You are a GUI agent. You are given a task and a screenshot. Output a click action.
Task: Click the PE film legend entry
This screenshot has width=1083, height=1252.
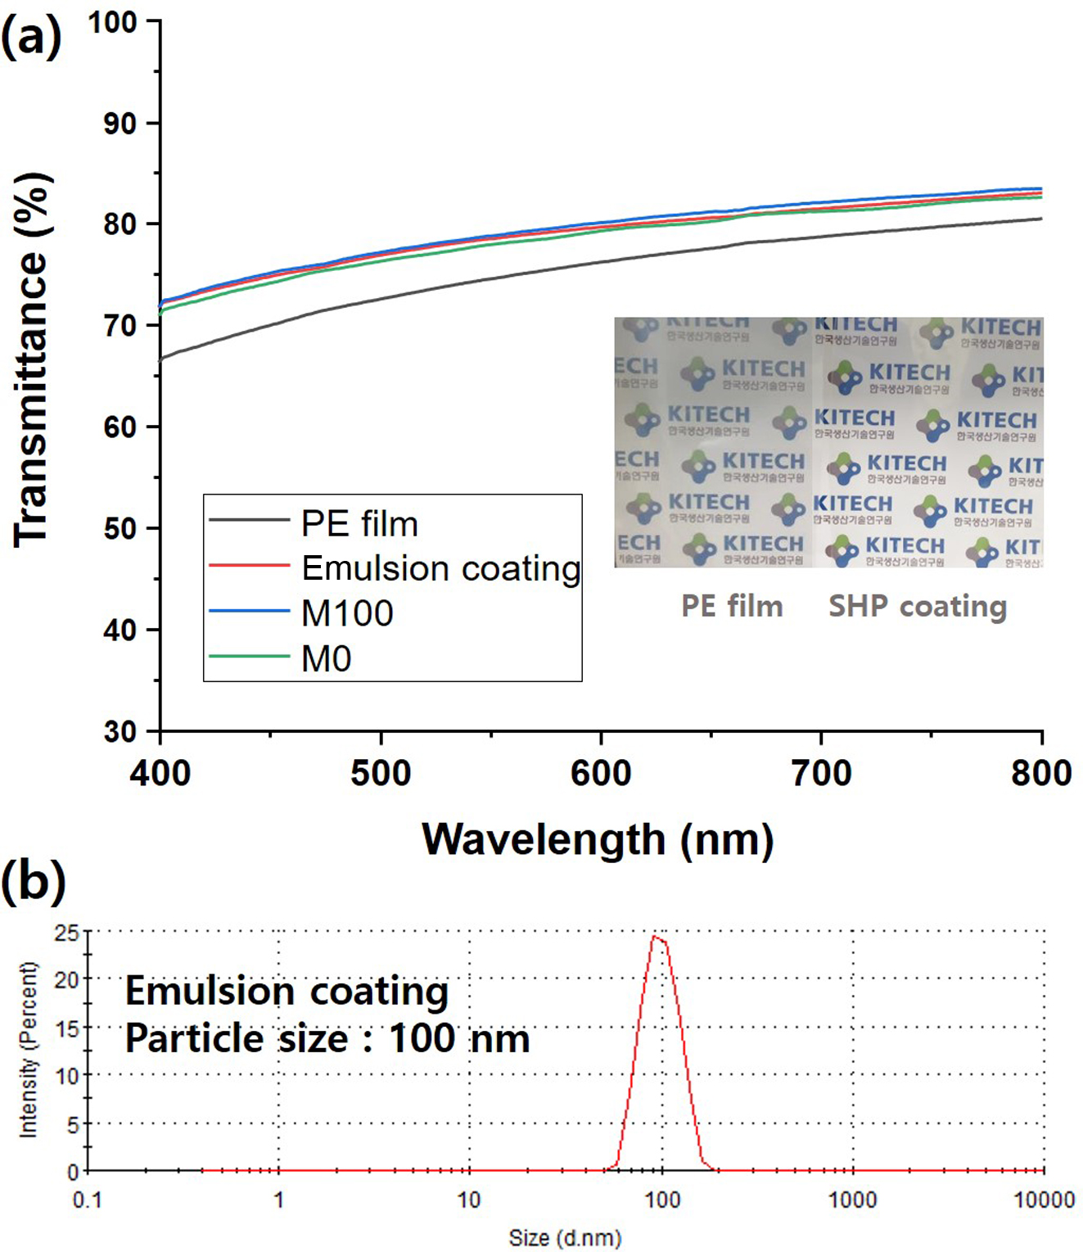359,524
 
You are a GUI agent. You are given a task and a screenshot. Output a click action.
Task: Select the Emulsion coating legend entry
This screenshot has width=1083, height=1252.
441,568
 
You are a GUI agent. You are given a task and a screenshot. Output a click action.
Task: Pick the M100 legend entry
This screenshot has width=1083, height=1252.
347,613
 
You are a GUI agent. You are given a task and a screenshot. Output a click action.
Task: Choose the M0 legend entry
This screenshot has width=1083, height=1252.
327,659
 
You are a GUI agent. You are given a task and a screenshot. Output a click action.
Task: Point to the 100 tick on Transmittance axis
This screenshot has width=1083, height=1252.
112,22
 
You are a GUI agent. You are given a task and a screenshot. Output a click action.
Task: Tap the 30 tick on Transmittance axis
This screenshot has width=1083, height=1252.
120,731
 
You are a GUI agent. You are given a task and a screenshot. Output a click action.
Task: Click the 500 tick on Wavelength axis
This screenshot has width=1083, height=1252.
381,773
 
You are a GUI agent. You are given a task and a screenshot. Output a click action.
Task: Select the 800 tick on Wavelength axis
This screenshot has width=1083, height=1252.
1041,773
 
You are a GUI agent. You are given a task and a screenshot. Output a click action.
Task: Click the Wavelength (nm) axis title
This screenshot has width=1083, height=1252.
598,839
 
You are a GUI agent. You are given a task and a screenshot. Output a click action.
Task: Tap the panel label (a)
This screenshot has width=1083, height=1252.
31,37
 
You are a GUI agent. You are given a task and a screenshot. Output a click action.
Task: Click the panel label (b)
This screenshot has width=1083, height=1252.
33,882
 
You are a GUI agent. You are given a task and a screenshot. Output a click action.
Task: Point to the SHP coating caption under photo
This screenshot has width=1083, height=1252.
918,606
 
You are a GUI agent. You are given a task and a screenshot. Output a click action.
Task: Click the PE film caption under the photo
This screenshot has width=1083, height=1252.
732,606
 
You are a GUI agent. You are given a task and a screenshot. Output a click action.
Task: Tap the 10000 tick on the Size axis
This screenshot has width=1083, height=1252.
1044,1200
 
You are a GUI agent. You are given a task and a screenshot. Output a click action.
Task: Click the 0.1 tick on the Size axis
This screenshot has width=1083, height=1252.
88,1200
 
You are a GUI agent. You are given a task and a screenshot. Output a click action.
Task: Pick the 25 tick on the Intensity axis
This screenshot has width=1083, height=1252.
67,932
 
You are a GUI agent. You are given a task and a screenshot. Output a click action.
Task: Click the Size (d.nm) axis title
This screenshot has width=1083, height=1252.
565,1237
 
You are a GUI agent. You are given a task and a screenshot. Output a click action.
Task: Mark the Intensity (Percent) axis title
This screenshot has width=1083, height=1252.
29,1050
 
